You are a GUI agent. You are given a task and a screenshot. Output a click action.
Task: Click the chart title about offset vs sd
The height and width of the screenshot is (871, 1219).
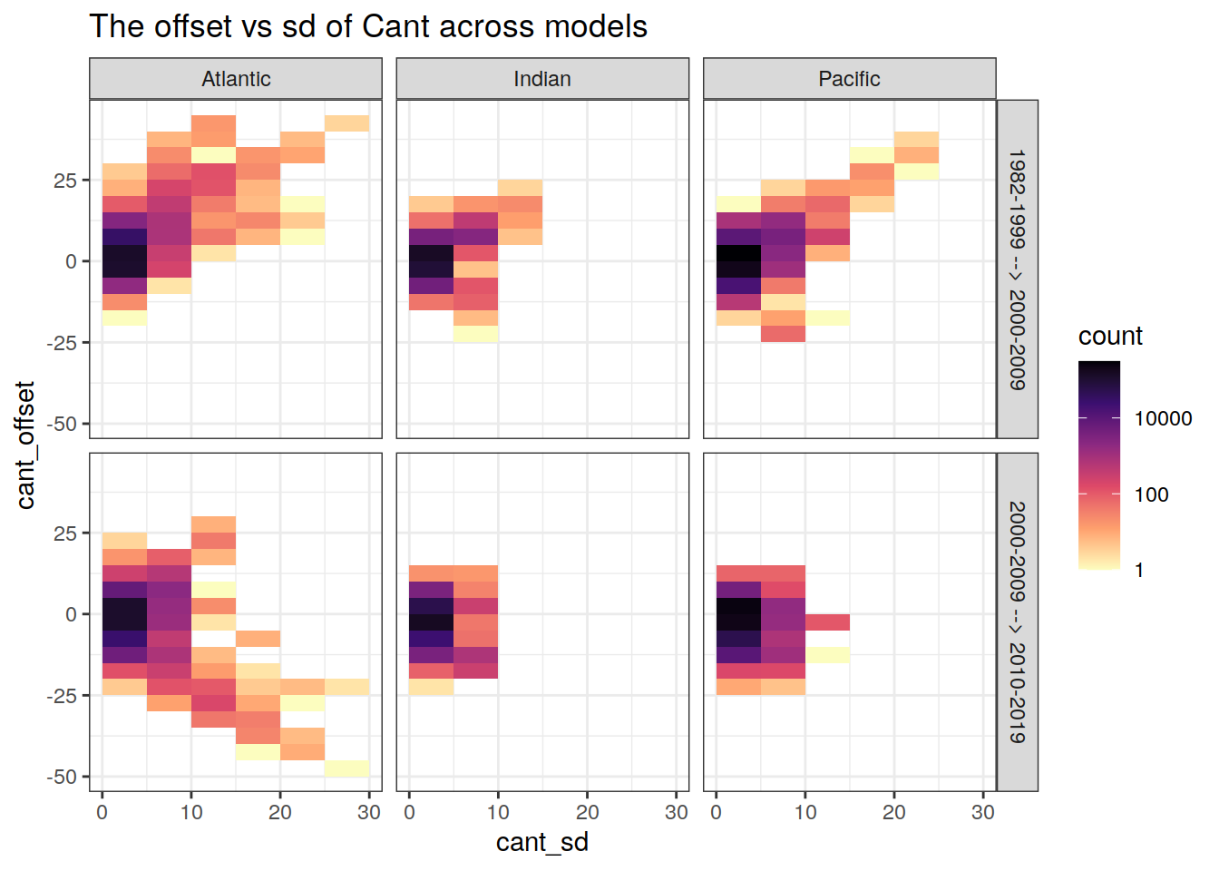click(368, 26)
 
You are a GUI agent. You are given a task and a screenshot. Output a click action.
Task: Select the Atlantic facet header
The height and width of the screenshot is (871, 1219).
click(236, 79)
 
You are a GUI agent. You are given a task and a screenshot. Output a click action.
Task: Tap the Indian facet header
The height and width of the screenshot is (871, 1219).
click(542, 79)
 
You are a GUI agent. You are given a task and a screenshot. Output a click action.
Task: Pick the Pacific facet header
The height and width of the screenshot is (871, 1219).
click(849, 79)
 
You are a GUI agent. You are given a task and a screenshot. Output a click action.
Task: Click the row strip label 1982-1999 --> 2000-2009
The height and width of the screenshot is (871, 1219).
click(1017, 269)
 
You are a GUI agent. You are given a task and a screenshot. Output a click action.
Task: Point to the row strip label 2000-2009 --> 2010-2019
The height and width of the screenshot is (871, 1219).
click(1017, 622)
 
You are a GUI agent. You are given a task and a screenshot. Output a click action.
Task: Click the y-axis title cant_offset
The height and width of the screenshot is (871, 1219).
click(24, 445)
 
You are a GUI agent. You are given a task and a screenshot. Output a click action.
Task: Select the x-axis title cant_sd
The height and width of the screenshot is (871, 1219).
click(542, 842)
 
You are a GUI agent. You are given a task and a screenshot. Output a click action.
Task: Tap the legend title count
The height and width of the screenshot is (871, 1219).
click(1110, 336)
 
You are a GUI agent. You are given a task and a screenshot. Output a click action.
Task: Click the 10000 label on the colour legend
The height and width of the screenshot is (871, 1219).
click(1163, 418)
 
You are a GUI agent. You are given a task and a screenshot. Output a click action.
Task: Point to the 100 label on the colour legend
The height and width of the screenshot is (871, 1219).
click(1151, 494)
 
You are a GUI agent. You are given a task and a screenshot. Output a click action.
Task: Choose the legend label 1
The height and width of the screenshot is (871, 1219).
click(1139, 571)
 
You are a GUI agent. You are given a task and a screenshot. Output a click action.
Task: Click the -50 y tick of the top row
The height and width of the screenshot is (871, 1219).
click(65, 424)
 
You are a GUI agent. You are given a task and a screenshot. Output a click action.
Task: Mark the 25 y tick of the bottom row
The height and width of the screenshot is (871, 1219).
click(65, 533)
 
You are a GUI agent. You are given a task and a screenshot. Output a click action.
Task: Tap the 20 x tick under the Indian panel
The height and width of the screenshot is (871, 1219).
click(587, 812)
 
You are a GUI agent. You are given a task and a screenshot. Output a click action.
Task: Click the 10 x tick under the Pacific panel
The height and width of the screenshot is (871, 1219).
click(805, 812)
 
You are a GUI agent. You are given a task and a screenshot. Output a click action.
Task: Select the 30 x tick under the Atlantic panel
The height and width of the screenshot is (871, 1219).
click(369, 812)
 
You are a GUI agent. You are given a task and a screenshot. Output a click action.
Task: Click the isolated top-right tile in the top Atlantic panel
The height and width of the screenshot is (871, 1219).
click(346, 123)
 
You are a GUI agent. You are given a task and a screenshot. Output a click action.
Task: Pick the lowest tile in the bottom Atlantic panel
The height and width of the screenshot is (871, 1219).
click(346, 768)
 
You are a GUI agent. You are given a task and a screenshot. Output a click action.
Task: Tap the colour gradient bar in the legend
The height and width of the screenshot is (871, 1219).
click(1099, 465)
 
